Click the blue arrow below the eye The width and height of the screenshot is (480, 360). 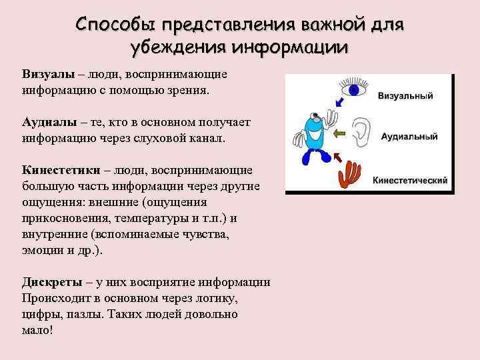coord(341,101)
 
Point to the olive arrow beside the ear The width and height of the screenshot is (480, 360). coord(339,133)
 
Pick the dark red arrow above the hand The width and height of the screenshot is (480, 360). coord(335,158)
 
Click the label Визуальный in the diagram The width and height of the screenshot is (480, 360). coord(405,96)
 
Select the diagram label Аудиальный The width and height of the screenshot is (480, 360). coord(409,137)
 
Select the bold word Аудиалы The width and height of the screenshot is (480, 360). coord(49,123)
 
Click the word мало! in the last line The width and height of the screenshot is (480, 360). coord(37,329)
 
